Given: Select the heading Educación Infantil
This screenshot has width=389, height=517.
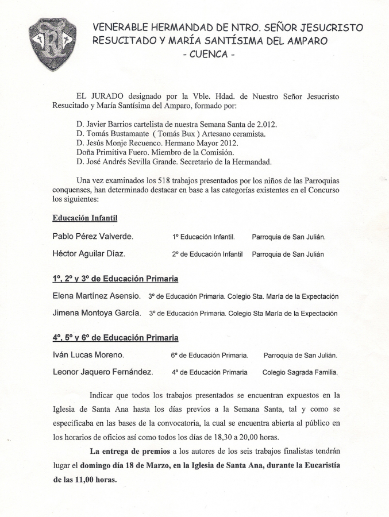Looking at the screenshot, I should click(85, 218).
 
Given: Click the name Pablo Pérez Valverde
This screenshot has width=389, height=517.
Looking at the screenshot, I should click(93, 236).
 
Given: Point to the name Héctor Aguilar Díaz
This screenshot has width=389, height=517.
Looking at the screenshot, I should click(88, 253).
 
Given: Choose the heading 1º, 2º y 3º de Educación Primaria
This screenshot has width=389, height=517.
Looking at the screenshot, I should click(115, 279).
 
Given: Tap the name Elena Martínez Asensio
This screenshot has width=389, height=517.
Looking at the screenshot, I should click(97, 296).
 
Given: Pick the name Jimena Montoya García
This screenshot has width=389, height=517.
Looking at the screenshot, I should click(97, 313).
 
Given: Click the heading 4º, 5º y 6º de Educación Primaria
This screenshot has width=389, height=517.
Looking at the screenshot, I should click(115, 338).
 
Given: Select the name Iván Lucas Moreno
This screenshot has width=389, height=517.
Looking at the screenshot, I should click(88, 355).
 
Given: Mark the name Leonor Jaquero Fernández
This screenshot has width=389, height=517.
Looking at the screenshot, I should click(103, 372).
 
